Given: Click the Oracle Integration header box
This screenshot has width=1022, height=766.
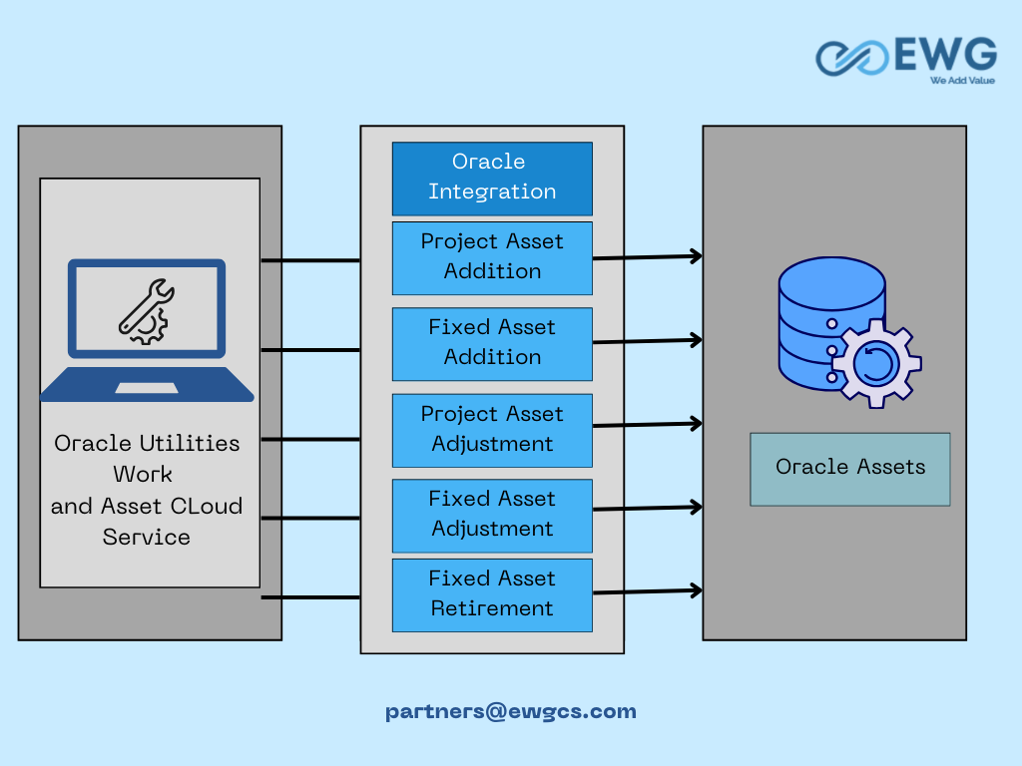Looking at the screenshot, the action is point(492,179).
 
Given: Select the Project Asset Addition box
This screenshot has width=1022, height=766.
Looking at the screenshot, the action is point(492,258).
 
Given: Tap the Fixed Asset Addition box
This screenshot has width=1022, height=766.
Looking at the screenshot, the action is point(492,344).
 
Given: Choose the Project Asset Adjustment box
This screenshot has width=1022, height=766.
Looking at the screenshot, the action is point(492,431).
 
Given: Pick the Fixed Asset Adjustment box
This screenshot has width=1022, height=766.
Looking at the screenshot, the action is point(492,516).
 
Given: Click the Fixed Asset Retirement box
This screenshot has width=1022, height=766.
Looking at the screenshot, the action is point(492,595).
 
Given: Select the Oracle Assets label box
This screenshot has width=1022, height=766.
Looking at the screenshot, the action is point(850,469).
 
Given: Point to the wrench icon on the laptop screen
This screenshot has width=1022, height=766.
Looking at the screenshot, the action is point(144,309).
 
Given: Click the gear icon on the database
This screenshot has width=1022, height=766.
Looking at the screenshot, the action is point(876,363).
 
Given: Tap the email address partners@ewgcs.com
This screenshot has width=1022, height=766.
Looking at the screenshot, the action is point(510,711).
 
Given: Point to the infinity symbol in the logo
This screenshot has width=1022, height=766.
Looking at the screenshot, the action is point(852,58).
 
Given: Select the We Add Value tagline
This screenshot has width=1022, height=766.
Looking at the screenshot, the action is point(962,81).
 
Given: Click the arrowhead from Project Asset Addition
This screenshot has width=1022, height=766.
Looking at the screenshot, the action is point(696,256).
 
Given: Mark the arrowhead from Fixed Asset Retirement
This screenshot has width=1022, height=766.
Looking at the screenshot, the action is point(696,590).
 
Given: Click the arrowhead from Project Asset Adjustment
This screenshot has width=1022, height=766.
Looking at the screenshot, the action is point(696,423).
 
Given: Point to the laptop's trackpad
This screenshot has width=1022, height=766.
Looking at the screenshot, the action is point(147,388).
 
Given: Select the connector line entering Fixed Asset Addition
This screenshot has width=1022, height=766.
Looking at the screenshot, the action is point(310,350).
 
